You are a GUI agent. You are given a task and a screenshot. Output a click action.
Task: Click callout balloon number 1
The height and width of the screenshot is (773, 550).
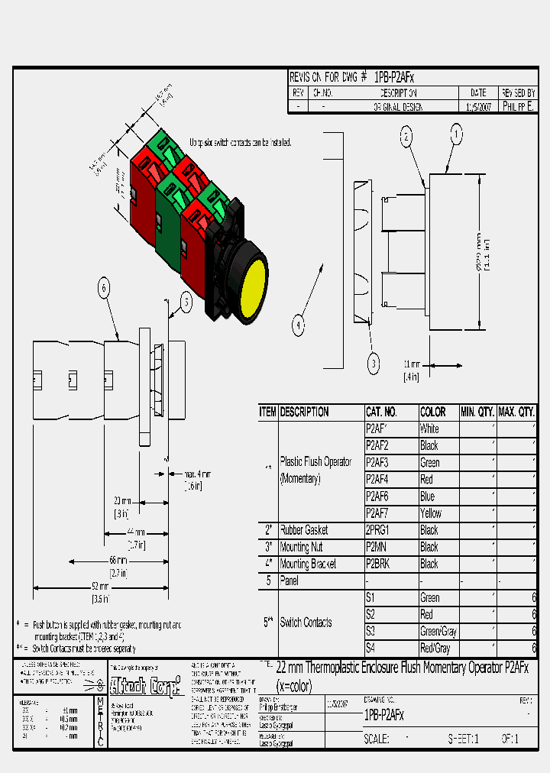[x=456, y=135]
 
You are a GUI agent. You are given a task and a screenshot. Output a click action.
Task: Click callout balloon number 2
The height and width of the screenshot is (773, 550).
[x=406, y=137]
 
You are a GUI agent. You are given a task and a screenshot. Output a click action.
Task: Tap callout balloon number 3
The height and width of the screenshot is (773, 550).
[x=374, y=364]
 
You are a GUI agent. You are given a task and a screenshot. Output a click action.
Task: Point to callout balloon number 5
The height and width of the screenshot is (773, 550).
[x=186, y=302]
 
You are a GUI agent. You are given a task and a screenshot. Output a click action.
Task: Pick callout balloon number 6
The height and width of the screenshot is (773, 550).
[x=104, y=288]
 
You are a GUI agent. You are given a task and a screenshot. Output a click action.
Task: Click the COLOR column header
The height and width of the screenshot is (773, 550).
[x=433, y=412]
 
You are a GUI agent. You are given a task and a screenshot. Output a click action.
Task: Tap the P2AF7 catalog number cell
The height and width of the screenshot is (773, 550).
[x=378, y=513]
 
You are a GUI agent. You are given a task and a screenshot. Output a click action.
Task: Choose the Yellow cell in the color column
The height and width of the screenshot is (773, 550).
[x=431, y=513]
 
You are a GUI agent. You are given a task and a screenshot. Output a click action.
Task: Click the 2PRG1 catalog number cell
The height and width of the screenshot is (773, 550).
[x=379, y=530]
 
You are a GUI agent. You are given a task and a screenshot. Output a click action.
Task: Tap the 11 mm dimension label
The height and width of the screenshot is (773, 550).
[x=412, y=364]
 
